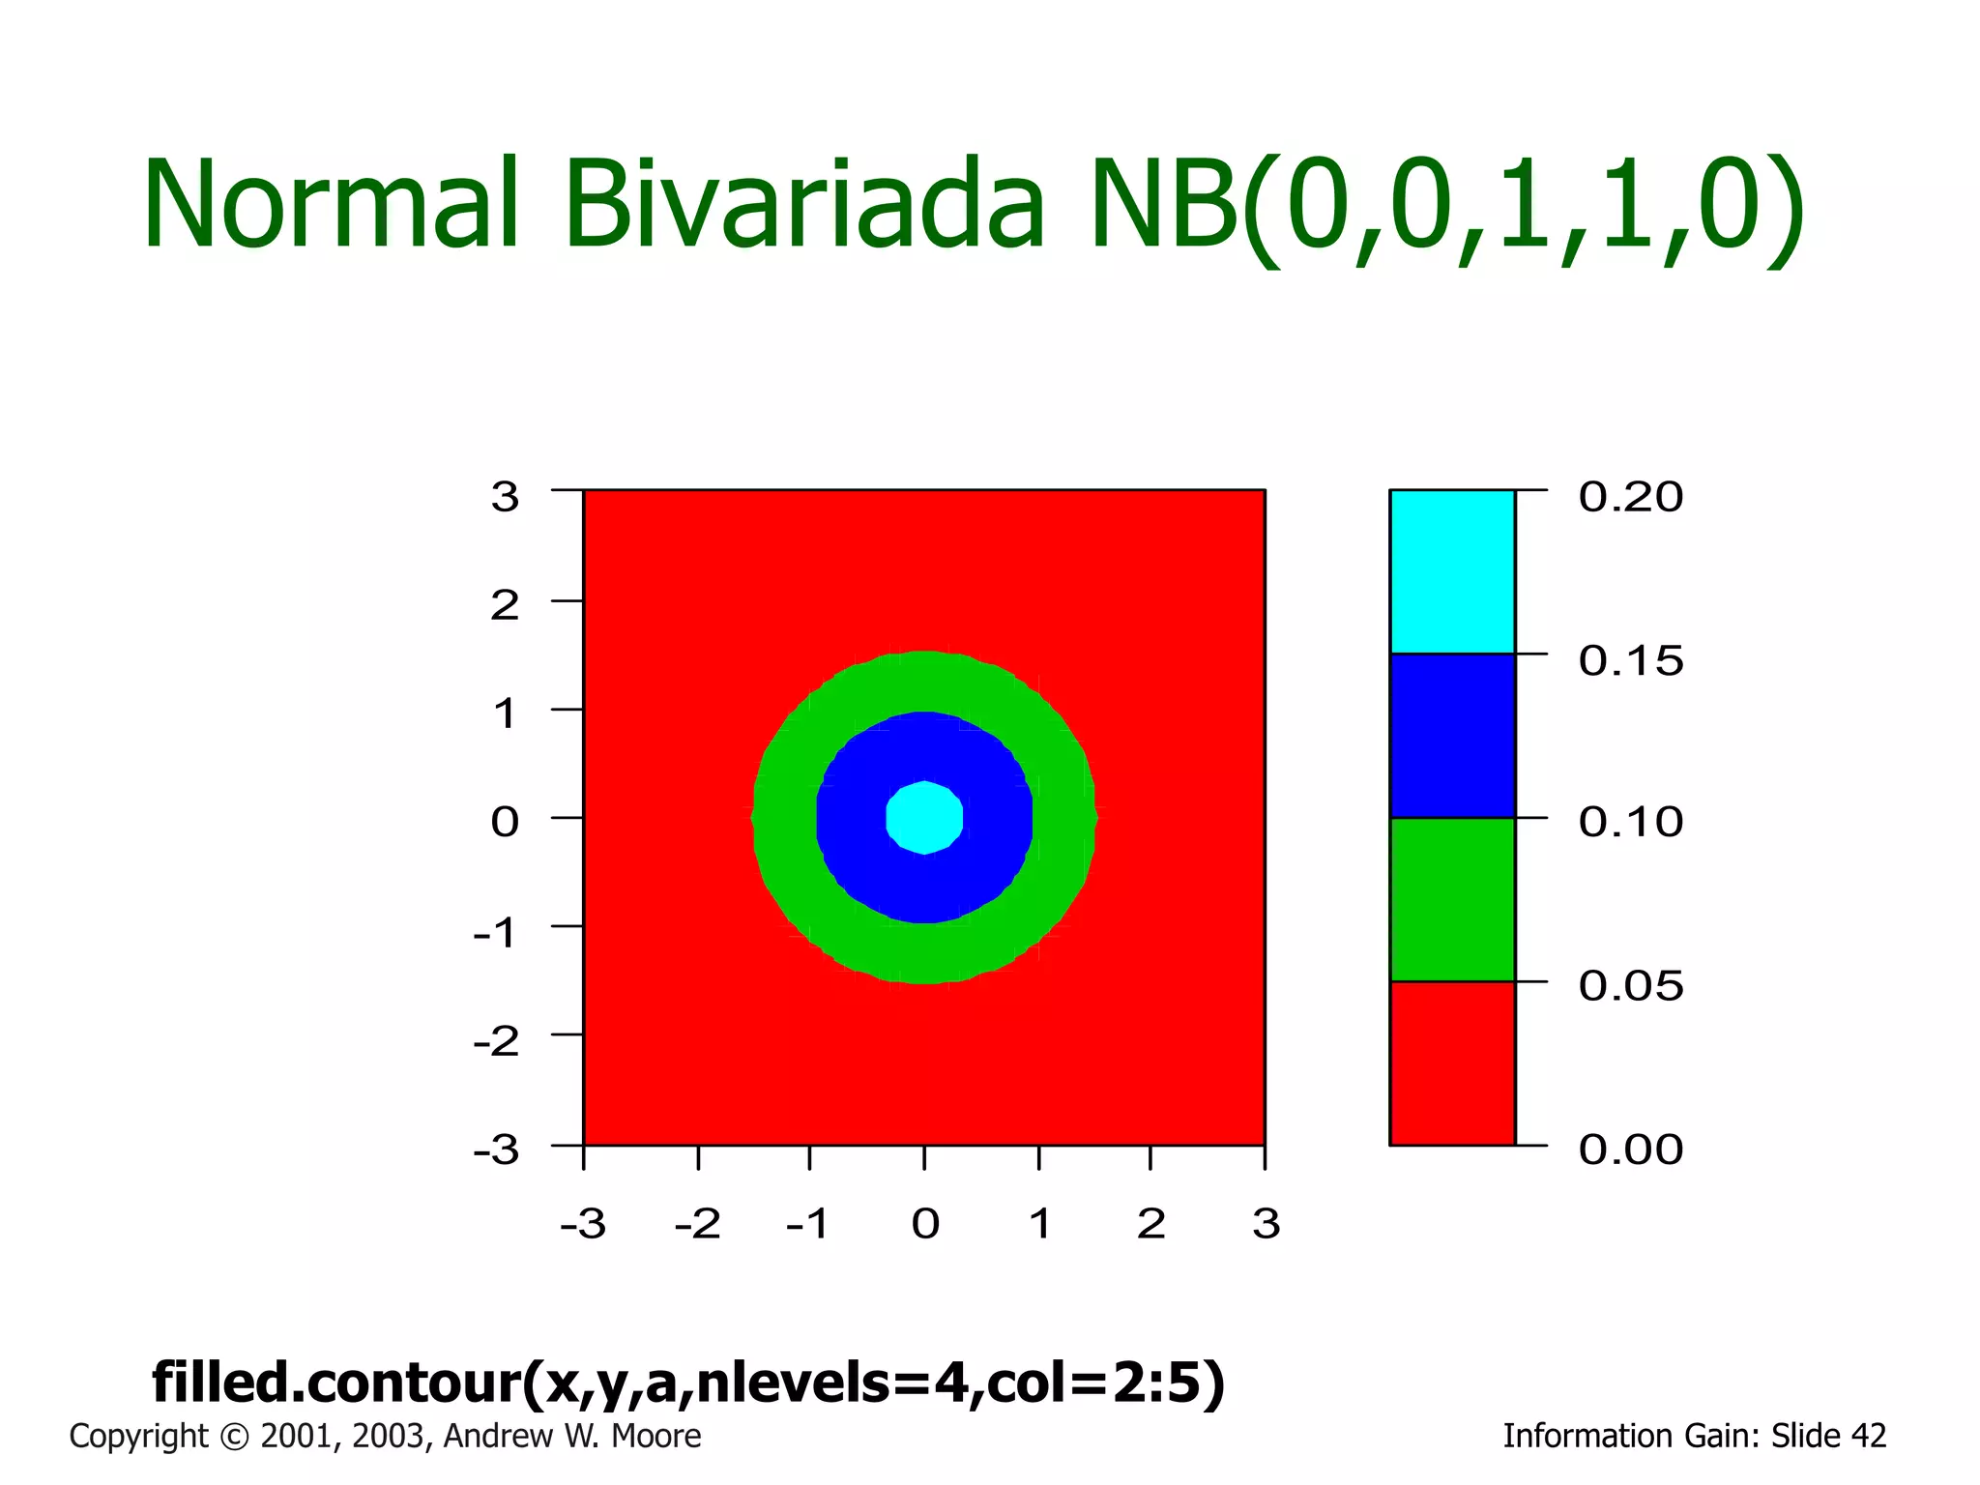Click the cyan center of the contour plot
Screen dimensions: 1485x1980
(x=925, y=818)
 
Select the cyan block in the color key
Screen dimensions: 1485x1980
(x=1451, y=571)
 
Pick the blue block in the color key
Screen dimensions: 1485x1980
(x=1451, y=736)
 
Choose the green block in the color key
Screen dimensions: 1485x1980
(x=1451, y=899)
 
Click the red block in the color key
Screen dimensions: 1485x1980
(x=1451, y=1063)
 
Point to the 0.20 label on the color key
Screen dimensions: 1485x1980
(x=1630, y=497)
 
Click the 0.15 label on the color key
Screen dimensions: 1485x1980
(x=1630, y=661)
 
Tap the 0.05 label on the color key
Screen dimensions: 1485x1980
(x=1630, y=986)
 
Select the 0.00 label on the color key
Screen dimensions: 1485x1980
(x=1630, y=1150)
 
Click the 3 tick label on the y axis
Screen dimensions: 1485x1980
(x=505, y=497)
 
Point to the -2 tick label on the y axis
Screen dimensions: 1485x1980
(x=496, y=1042)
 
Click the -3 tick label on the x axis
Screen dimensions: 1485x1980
(x=583, y=1224)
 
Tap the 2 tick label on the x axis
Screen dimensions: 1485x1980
(x=1150, y=1224)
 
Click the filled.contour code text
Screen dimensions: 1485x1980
(x=688, y=1382)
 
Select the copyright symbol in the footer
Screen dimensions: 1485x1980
(x=234, y=1437)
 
